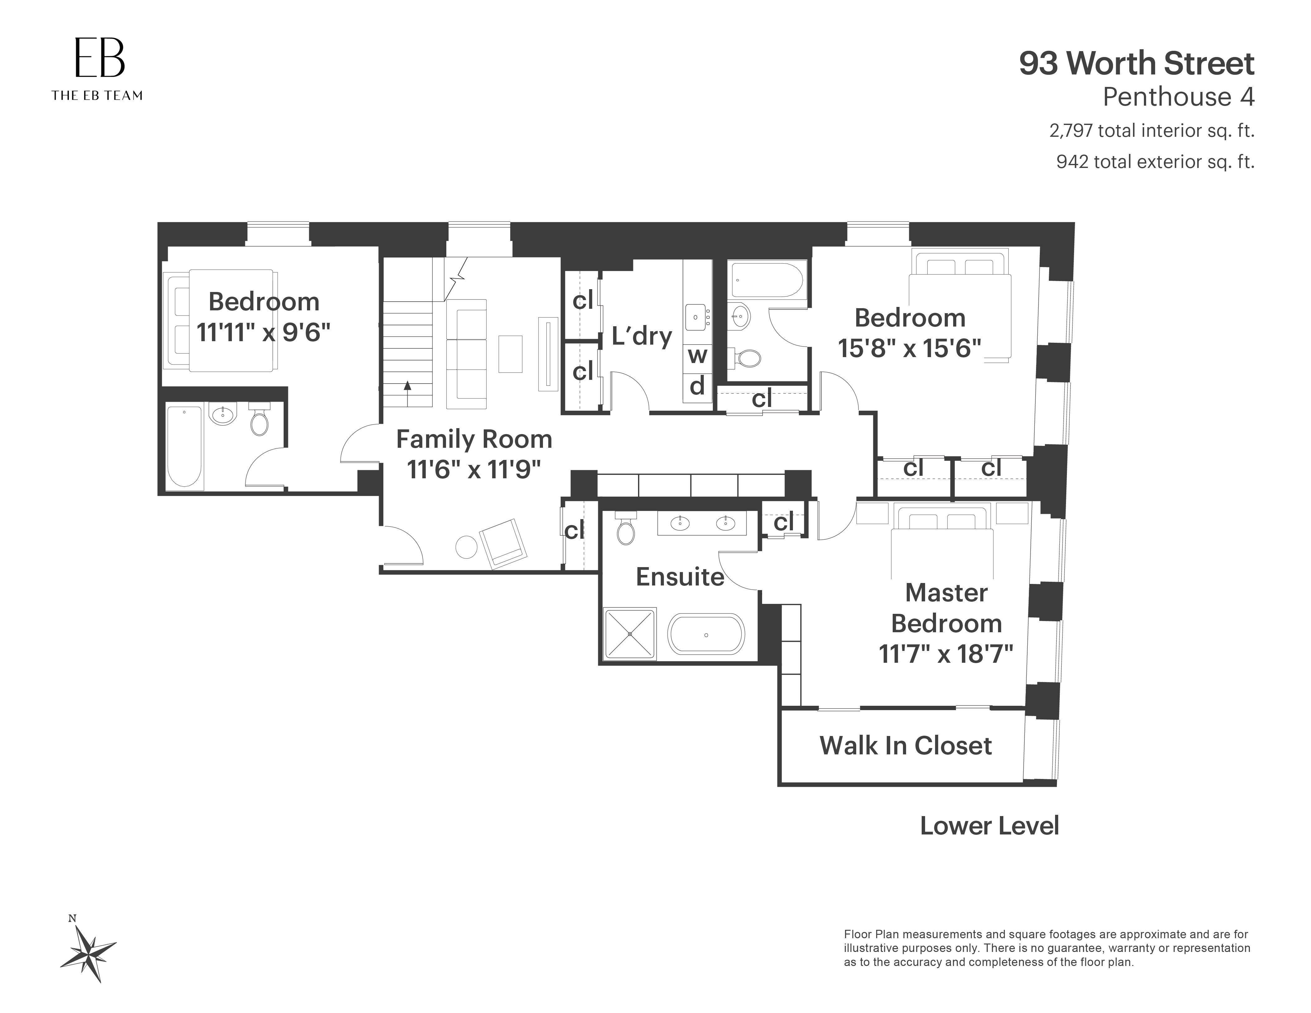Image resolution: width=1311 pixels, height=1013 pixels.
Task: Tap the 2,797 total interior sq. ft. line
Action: pos(1151,131)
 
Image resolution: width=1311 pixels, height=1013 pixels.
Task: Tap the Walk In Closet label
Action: pos(905,746)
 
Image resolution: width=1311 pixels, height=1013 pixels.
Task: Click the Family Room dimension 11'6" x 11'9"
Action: pos(473,469)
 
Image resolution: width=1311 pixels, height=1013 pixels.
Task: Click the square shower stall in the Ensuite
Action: pos(630,634)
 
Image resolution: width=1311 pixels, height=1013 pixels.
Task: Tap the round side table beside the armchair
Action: pos(466,547)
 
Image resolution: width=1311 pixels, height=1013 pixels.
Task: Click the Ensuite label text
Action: pos(680,577)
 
